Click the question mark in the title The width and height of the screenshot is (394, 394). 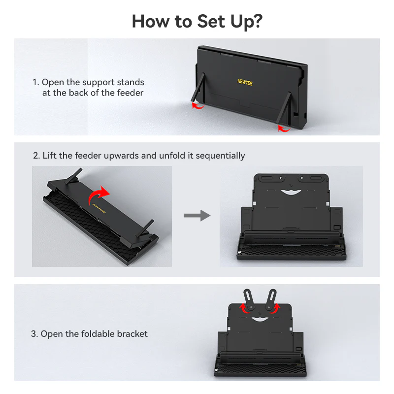pyautogui.click(x=257, y=21)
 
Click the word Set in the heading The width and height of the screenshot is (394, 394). pyautogui.click(x=211, y=21)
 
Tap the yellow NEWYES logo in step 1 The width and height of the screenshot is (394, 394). pyautogui.click(x=245, y=82)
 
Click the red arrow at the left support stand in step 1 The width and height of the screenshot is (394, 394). pyautogui.click(x=198, y=106)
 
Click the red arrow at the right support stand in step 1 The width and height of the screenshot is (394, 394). pyautogui.click(x=284, y=129)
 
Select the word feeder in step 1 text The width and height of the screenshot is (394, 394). pyautogui.click(x=130, y=93)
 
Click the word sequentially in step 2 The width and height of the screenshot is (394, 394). pyautogui.click(x=220, y=156)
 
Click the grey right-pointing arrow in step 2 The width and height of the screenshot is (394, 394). pyautogui.click(x=197, y=215)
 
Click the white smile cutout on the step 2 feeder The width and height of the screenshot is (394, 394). pyautogui.click(x=291, y=192)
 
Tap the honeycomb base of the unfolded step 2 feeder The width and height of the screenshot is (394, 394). pyautogui.click(x=292, y=251)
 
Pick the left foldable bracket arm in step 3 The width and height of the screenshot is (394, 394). pyautogui.click(x=249, y=299)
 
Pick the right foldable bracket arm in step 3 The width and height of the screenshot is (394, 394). pyautogui.click(x=271, y=299)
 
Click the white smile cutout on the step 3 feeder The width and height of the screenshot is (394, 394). pyautogui.click(x=260, y=319)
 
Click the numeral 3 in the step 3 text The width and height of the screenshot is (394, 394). pyautogui.click(x=33, y=334)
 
